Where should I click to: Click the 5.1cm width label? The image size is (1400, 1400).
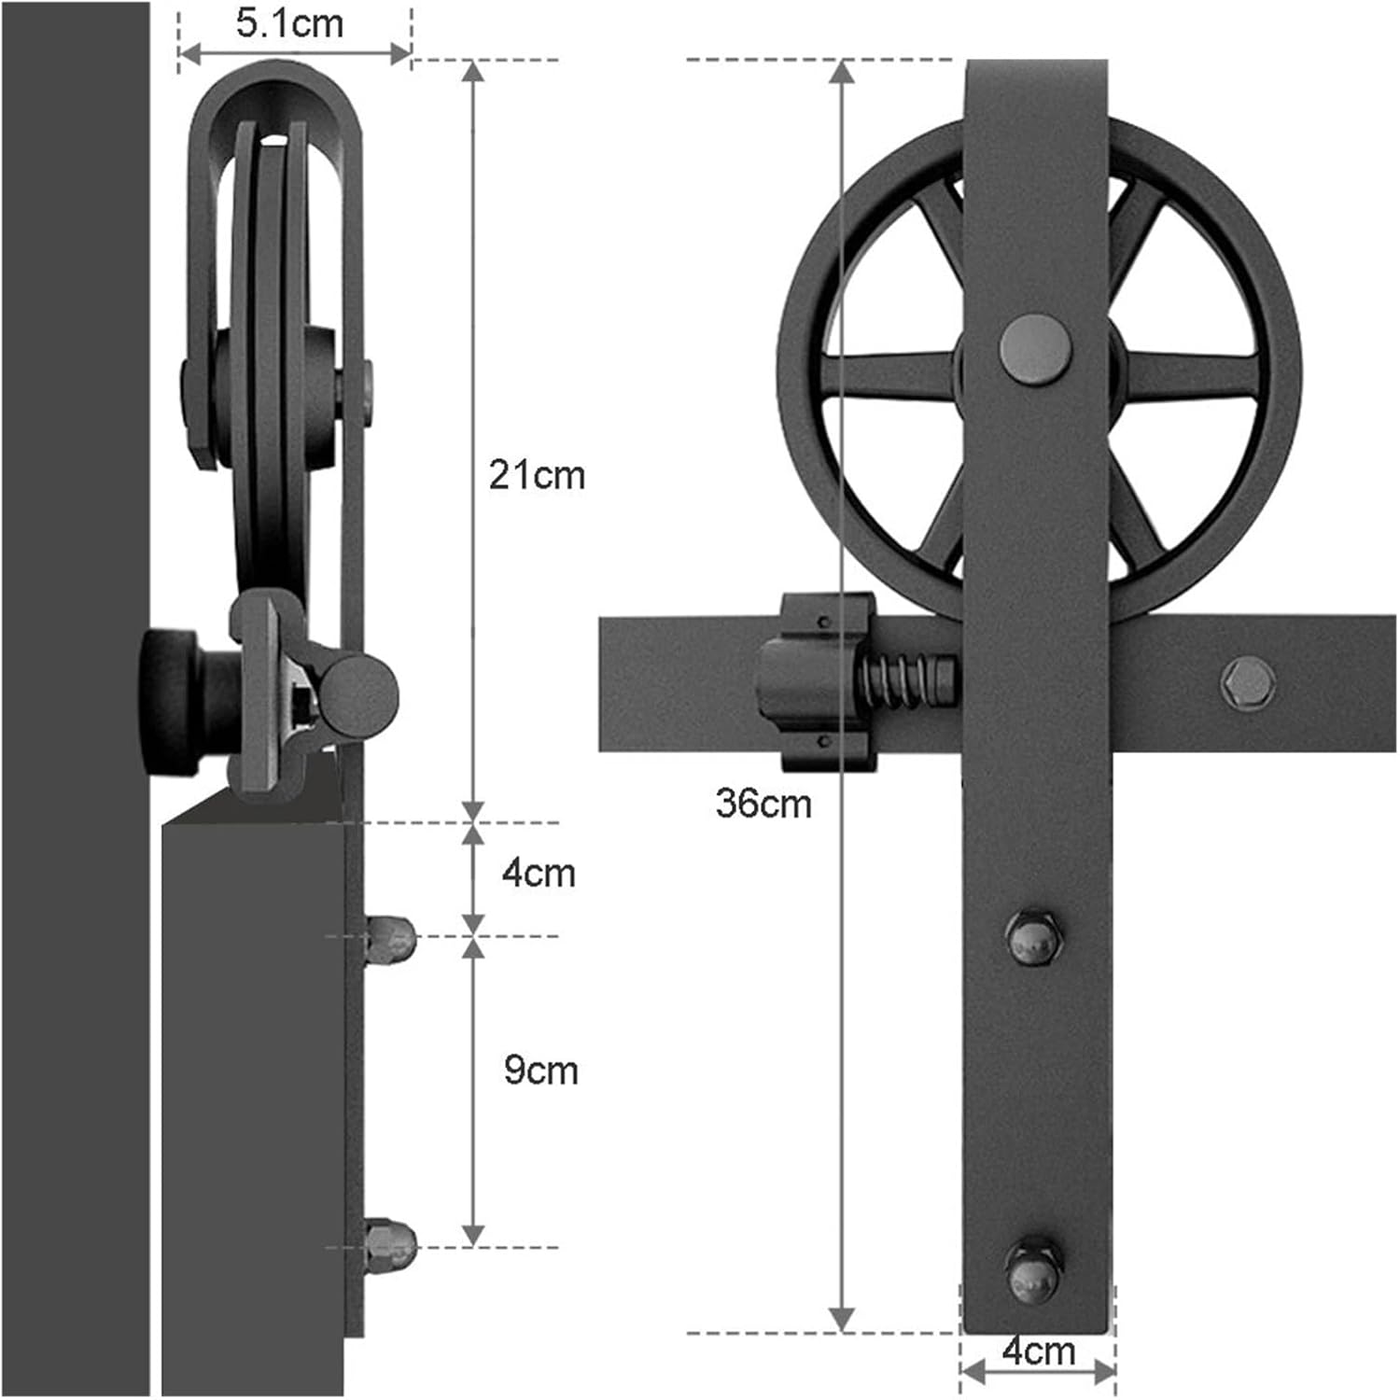click(289, 24)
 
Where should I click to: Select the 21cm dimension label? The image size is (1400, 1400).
click(537, 475)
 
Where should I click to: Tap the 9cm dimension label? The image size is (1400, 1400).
click(540, 1070)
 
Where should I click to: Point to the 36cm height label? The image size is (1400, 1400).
click(763, 804)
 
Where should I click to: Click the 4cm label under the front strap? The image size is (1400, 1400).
click(1038, 1351)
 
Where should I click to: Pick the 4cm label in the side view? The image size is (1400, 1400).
click(539, 874)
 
